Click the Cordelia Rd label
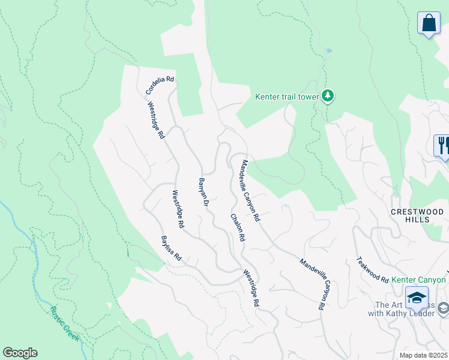pos(160,86)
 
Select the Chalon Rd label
pos(237,227)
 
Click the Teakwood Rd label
pos(372,269)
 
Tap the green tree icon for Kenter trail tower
pos(327,96)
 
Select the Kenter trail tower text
pos(287,97)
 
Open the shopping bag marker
pos(428,23)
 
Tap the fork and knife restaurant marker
pos(443,146)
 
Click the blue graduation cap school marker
pos(417,298)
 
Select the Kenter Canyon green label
pos(419,280)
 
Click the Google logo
pos(20,353)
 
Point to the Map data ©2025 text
pos(423,355)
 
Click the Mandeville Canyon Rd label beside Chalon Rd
pos(250,190)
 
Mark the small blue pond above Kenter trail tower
pos(328,50)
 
